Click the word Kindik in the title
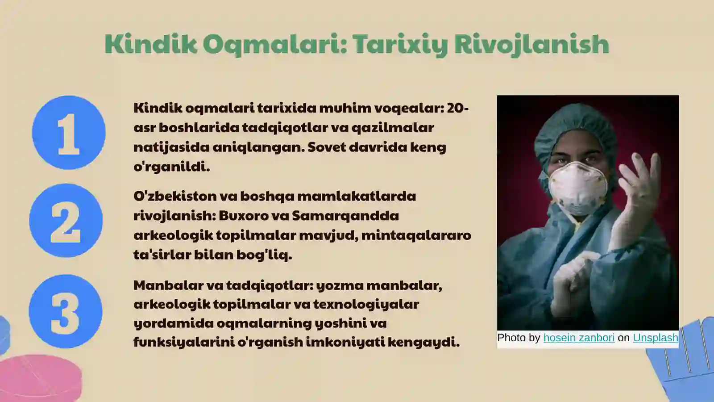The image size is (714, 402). pos(150,44)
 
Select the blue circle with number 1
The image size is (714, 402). pos(69,133)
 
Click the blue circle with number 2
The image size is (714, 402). pos(66,221)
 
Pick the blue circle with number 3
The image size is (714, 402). pos(66,311)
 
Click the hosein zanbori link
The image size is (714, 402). pos(579,338)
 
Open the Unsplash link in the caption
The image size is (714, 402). pos(655,338)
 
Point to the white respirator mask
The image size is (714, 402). pos(578,188)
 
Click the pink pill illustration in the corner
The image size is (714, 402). pos(40,377)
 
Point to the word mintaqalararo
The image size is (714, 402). pos(416,235)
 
